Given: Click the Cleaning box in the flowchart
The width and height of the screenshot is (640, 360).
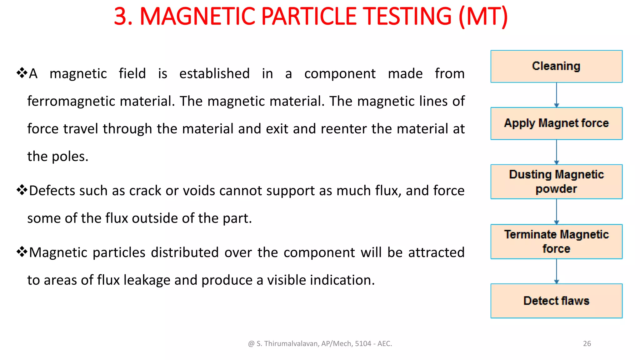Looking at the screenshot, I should [556, 66].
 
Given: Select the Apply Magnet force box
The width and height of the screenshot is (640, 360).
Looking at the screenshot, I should [556, 123].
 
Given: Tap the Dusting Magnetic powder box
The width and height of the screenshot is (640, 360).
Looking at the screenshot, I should [556, 182].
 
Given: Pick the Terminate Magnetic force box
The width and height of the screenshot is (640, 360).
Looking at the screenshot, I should [556, 241].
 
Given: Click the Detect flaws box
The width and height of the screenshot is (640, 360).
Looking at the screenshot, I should [556, 301].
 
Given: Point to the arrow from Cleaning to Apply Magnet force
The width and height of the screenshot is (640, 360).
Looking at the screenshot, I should [556, 95].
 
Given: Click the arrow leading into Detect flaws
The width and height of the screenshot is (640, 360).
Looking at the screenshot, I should [556, 271].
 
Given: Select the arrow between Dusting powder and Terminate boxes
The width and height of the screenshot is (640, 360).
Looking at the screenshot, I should [556, 211].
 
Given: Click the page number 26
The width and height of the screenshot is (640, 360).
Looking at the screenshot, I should [587, 343].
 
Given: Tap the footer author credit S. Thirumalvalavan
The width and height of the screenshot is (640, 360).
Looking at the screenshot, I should [320, 343].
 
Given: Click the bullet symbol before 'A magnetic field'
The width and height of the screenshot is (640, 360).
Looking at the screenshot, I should [22, 73].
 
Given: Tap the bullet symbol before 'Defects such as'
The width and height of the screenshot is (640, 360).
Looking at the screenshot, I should [22, 190].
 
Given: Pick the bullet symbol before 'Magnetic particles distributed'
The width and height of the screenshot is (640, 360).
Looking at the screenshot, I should [22, 252].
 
